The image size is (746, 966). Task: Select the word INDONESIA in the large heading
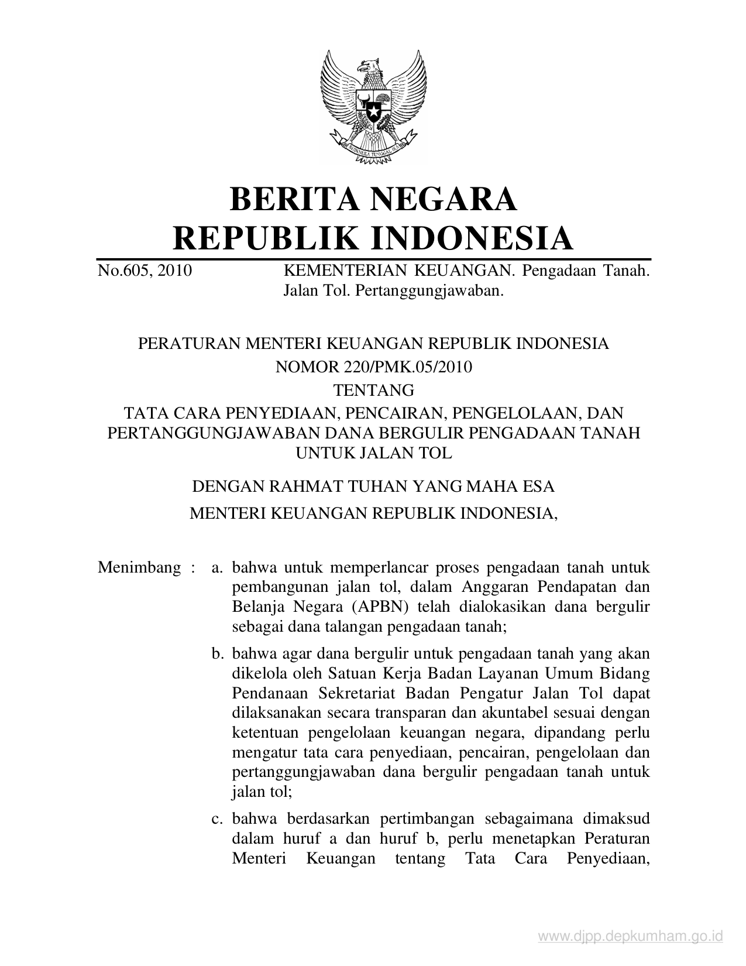point(472,238)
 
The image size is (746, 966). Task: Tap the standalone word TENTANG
point(373,389)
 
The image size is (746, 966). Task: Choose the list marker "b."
point(218,653)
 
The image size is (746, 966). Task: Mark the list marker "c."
point(218,819)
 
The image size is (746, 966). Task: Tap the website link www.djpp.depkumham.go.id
point(631,937)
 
